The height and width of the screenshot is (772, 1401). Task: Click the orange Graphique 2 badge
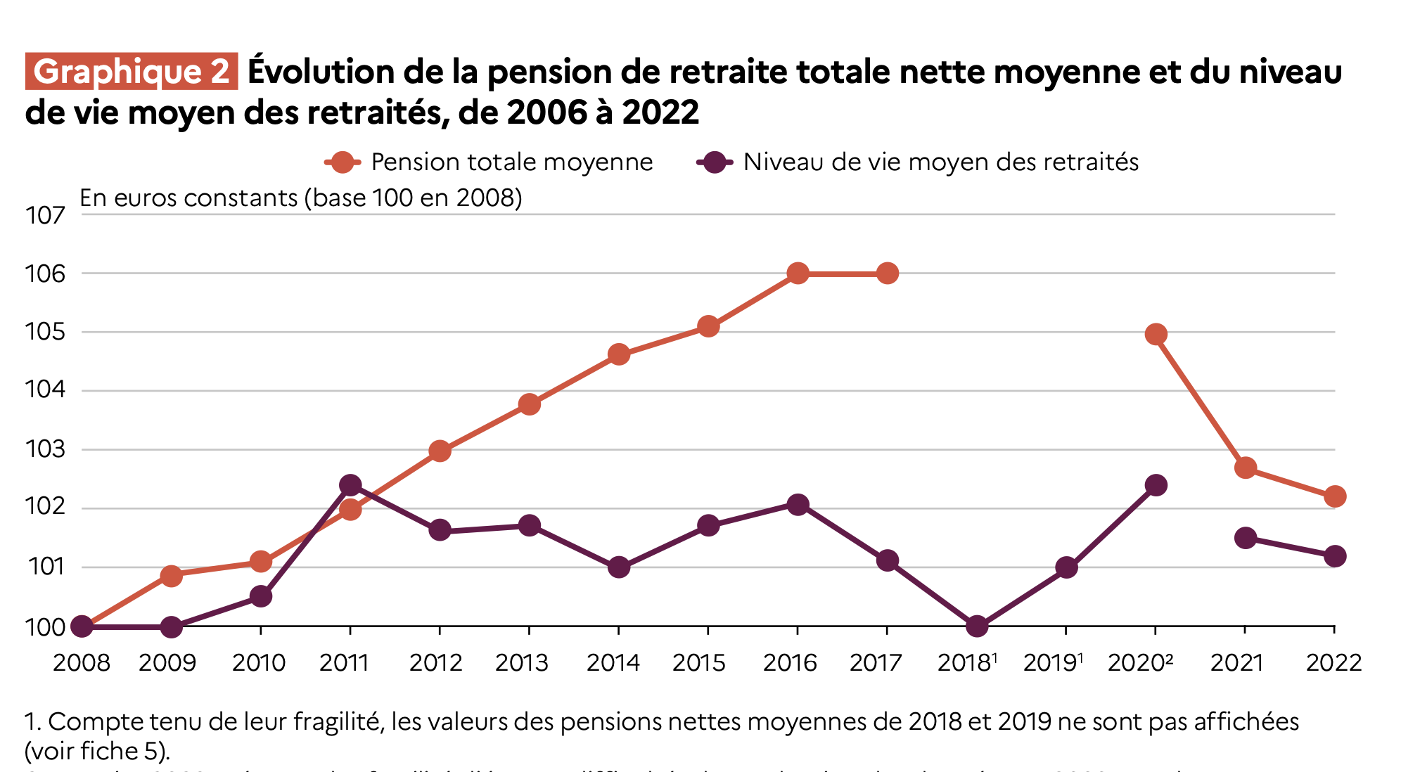(x=132, y=72)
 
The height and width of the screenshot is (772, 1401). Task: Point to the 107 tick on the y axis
(x=45, y=215)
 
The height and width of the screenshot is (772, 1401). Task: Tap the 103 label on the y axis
(x=45, y=449)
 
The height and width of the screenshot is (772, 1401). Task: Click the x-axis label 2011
(x=344, y=662)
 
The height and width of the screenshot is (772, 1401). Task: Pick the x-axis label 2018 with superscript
(x=967, y=662)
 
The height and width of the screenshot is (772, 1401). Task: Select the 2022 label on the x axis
(x=1333, y=662)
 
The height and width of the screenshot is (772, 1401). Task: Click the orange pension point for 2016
(x=798, y=273)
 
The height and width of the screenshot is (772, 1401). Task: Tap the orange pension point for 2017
(x=888, y=273)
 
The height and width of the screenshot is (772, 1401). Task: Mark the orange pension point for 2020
(x=1156, y=334)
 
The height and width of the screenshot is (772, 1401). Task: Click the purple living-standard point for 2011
(x=350, y=485)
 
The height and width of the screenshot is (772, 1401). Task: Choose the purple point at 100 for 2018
(x=977, y=626)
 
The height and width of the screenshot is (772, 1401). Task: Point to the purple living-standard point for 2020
(x=1156, y=485)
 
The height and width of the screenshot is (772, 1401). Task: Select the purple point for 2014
(x=619, y=567)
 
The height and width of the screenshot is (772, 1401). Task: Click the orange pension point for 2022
(x=1335, y=496)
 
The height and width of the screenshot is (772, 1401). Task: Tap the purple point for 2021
(x=1246, y=538)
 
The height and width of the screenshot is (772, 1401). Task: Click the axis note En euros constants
(x=301, y=198)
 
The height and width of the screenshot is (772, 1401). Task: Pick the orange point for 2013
(x=530, y=404)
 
